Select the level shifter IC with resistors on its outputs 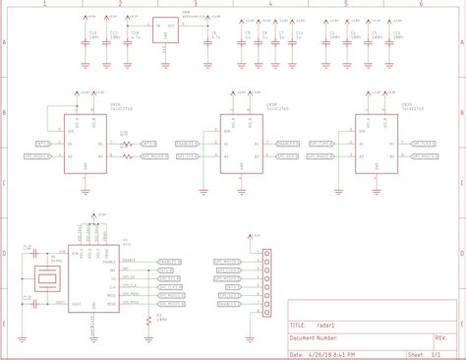click(x=85, y=146)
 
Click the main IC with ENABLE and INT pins click(x=94, y=278)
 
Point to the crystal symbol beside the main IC click(x=47, y=279)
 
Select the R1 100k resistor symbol click(x=148, y=320)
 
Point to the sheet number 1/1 click(x=437, y=354)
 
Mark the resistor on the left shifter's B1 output click(x=127, y=144)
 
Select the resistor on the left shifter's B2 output click(x=127, y=155)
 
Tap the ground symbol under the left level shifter click(x=86, y=190)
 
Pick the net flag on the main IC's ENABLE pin click(x=169, y=262)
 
